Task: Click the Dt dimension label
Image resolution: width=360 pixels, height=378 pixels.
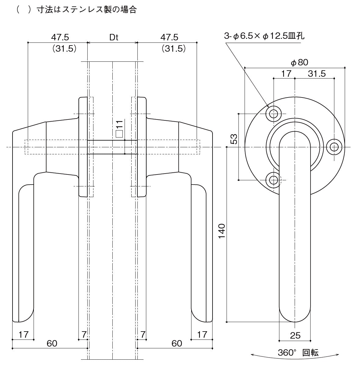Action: [x=114, y=37]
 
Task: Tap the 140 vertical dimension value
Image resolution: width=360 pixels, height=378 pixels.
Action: [x=222, y=231]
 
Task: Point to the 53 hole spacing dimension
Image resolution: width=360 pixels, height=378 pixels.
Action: [x=234, y=139]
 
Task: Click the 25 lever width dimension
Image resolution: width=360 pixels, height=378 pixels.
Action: [x=295, y=336]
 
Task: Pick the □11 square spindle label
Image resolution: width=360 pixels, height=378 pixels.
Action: [x=119, y=129]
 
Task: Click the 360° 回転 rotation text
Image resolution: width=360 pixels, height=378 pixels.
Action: [x=298, y=352]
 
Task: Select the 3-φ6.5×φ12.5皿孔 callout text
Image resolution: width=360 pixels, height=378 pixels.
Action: [x=264, y=36]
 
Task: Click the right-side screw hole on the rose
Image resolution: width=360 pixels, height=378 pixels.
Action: [x=334, y=147]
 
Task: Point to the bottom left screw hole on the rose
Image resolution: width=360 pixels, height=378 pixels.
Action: [x=274, y=180]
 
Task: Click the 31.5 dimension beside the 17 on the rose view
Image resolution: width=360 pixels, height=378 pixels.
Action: [x=317, y=74]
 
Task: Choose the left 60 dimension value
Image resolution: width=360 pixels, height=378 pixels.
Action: [x=52, y=343]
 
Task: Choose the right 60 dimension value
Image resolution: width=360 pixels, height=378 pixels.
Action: [x=177, y=343]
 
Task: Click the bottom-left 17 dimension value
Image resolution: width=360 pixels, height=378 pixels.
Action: [x=24, y=335]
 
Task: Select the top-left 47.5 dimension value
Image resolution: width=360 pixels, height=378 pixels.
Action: [x=60, y=37]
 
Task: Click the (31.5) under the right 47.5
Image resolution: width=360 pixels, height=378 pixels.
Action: [x=174, y=48]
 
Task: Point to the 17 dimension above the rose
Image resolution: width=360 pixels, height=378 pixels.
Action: [x=286, y=74]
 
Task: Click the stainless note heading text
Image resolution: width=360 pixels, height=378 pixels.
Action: [x=76, y=9]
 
